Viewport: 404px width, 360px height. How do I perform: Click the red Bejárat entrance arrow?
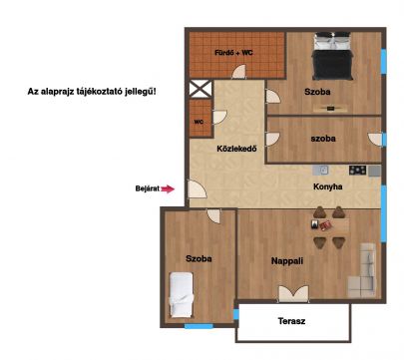(x=168, y=188)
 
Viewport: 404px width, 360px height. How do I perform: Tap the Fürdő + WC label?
(x=233, y=53)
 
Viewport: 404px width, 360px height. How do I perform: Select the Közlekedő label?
(x=236, y=149)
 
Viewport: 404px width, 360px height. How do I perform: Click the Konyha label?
(x=328, y=186)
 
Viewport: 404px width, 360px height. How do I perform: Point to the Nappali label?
(x=287, y=261)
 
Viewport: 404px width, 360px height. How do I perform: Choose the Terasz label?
(x=291, y=321)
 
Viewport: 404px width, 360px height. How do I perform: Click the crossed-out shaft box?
(x=201, y=89)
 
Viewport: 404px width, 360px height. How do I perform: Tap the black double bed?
(x=332, y=56)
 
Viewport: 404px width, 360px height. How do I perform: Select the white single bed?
(x=182, y=295)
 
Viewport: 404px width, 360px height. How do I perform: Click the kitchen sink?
(x=320, y=171)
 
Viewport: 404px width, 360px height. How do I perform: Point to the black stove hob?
(x=357, y=171)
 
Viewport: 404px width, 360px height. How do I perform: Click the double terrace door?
(x=293, y=294)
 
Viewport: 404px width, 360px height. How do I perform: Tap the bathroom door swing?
(x=238, y=72)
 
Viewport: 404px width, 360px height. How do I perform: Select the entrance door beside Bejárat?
(x=197, y=188)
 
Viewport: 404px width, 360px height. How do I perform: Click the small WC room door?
(x=219, y=118)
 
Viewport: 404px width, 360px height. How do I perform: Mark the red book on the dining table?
(x=325, y=226)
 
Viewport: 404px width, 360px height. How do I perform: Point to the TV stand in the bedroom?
(x=330, y=109)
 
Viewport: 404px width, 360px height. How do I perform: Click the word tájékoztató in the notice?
(x=104, y=92)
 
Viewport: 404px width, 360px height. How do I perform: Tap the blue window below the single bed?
(x=199, y=326)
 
